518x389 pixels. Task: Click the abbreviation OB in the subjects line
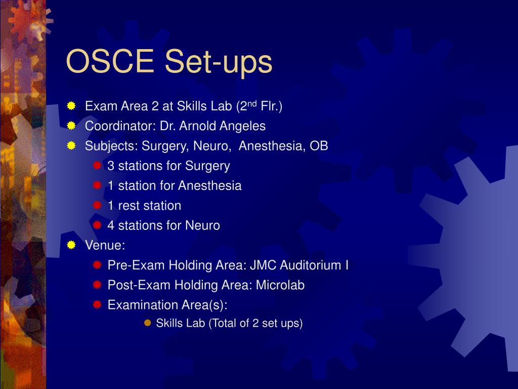point(319,146)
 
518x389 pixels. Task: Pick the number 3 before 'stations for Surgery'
point(111,166)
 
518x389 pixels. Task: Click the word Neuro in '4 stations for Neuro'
point(202,225)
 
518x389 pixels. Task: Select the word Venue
point(105,245)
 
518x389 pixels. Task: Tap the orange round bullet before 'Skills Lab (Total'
point(148,323)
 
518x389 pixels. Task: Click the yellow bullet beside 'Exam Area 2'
point(71,106)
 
